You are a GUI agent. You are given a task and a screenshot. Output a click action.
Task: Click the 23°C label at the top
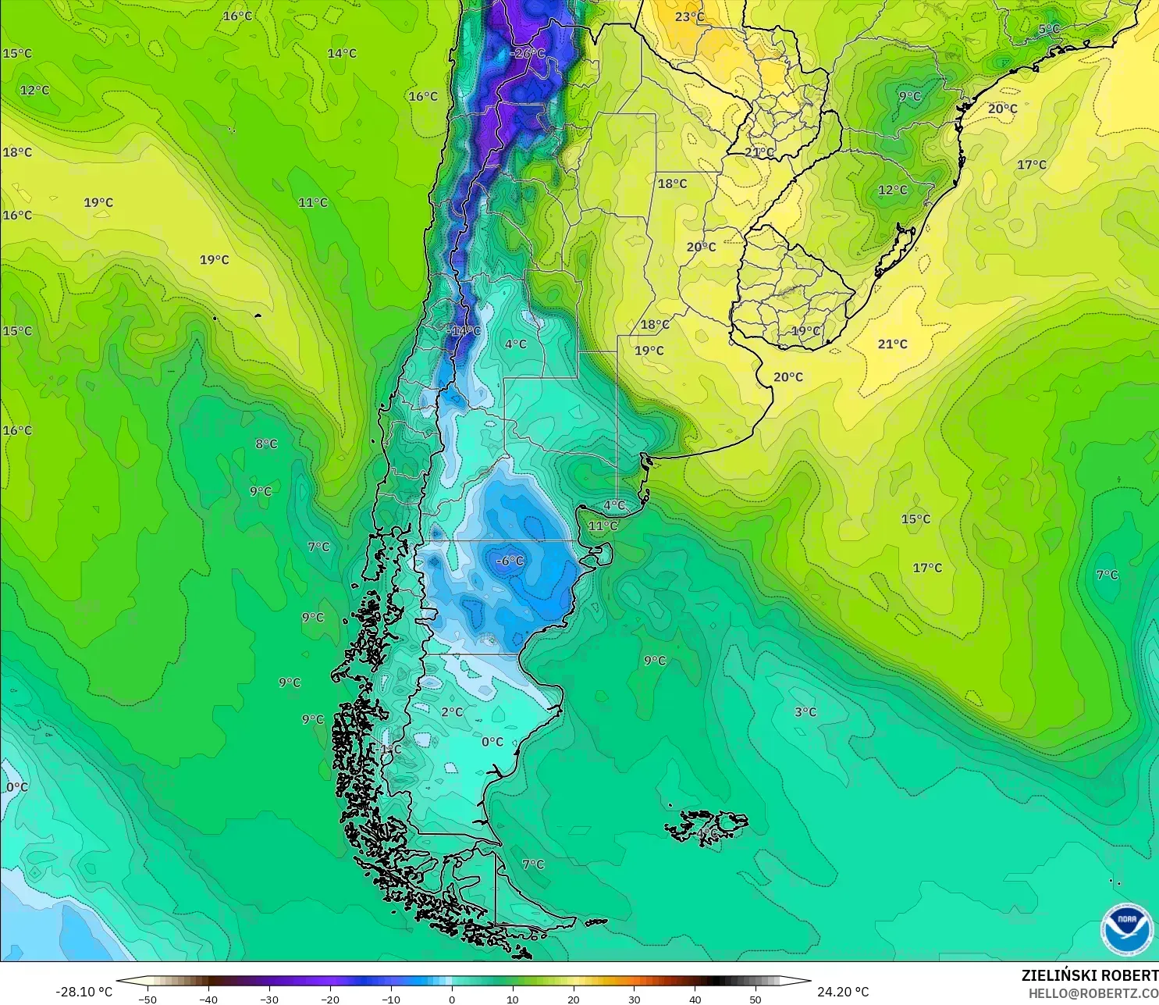[x=689, y=16]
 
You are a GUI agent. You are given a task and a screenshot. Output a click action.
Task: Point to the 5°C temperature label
[x=1049, y=29]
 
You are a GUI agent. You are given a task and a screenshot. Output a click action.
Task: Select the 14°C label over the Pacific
[x=342, y=53]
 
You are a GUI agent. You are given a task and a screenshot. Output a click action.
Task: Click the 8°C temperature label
[x=266, y=444]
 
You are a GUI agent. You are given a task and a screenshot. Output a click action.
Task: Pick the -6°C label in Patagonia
[x=510, y=561]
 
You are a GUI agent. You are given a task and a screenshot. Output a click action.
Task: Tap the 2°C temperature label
[x=452, y=711]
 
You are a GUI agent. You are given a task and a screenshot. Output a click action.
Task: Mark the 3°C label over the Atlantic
[x=805, y=711]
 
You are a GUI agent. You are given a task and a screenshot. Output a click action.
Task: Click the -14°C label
[x=464, y=330]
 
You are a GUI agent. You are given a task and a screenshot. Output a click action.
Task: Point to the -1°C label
[x=389, y=749]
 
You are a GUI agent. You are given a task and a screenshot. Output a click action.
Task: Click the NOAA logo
[x=1126, y=928]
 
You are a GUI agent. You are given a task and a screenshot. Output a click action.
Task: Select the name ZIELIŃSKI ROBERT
[x=1090, y=975]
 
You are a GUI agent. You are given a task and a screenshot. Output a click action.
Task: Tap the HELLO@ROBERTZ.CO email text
[x=1093, y=993]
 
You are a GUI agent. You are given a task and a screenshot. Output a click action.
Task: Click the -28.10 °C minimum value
[x=84, y=992]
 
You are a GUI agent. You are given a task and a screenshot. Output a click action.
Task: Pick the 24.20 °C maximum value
[x=843, y=992]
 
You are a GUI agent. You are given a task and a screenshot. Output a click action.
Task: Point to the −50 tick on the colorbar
[x=147, y=999]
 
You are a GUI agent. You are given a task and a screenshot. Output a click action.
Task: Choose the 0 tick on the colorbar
[x=451, y=999]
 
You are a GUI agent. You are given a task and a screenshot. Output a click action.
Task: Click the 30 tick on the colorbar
[x=634, y=999]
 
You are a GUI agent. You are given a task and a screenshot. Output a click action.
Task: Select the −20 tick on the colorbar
[x=329, y=999]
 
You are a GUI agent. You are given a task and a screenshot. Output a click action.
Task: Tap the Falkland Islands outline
[x=706, y=826]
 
